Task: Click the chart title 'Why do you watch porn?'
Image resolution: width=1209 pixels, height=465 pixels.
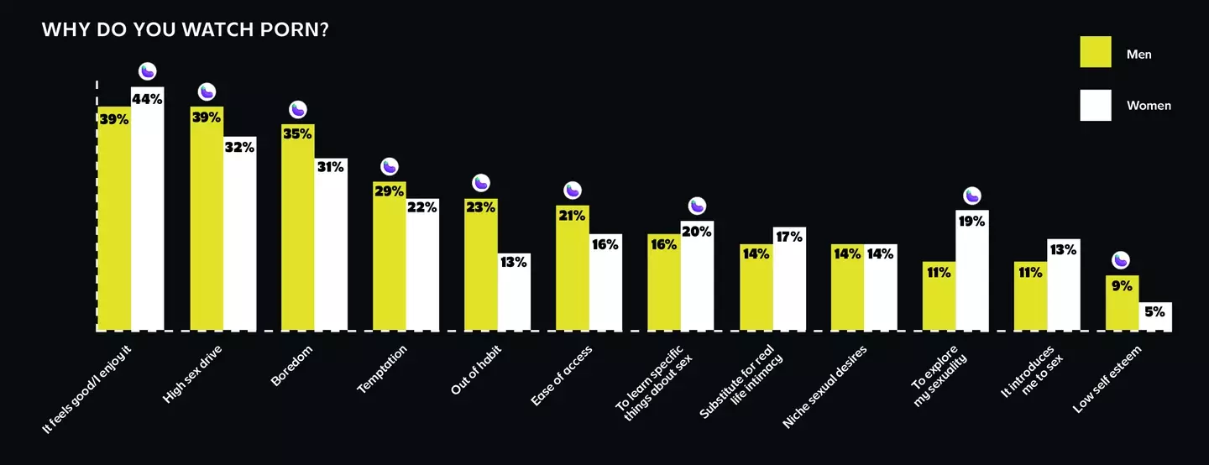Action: [x=185, y=30]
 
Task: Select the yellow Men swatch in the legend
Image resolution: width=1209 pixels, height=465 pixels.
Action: [x=1095, y=52]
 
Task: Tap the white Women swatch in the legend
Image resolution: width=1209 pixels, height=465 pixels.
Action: [x=1095, y=105]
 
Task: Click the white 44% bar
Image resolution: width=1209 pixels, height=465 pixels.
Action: [x=147, y=210]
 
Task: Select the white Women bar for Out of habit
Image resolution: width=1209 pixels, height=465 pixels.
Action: [x=514, y=294]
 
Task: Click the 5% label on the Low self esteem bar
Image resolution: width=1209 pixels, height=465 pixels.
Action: [x=1154, y=311]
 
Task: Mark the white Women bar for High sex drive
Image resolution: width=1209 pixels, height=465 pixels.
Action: [x=239, y=235]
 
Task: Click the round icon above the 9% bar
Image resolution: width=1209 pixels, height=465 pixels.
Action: [x=1121, y=260]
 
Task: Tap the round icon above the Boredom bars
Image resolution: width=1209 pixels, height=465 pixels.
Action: [x=298, y=109]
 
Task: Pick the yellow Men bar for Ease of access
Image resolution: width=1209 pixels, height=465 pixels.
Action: [x=572, y=269]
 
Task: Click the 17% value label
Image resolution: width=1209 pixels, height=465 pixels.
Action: [x=789, y=238]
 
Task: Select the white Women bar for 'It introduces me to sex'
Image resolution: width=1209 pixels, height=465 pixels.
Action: [x=1063, y=290]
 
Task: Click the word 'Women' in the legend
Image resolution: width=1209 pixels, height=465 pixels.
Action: [x=1149, y=106]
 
